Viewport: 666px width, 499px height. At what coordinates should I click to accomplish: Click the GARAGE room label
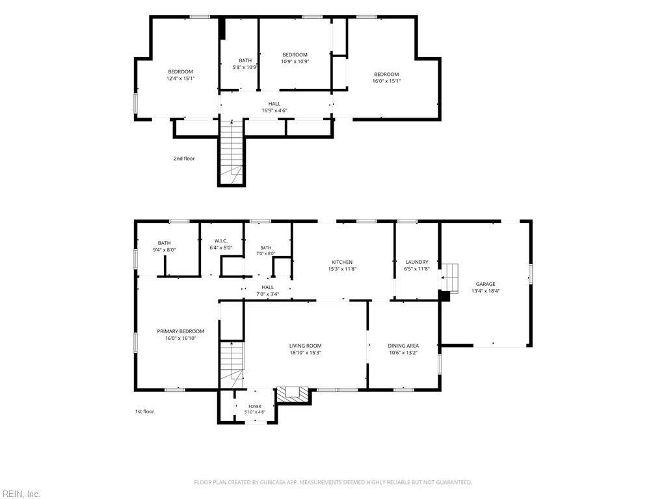pyautogui.click(x=485, y=285)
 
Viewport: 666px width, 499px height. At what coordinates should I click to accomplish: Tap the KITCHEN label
pyautogui.click(x=342, y=262)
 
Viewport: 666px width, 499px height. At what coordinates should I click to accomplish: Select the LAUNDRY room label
pyautogui.click(x=417, y=262)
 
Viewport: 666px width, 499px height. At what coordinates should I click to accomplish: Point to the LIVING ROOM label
pyautogui.click(x=306, y=346)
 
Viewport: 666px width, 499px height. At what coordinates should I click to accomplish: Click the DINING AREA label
pyautogui.click(x=403, y=346)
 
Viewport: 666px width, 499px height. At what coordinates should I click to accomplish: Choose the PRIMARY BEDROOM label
pyautogui.click(x=181, y=331)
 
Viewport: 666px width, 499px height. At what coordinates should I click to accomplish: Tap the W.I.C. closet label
pyautogui.click(x=221, y=241)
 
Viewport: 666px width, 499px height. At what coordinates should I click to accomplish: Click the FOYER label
pyautogui.click(x=255, y=407)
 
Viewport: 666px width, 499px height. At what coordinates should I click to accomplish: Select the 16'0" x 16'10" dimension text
pyautogui.click(x=181, y=338)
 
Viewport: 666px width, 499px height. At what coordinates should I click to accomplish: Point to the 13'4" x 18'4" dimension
pyautogui.click(x=485, y=291)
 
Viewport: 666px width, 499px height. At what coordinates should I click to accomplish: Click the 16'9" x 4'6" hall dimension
pyautogui.click(x=274, y=110)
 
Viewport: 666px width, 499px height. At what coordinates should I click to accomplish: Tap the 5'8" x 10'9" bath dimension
pyautogui.click(x=245, y=68)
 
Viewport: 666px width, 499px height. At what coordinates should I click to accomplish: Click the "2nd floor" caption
pyautogui.click(x=184, y=159)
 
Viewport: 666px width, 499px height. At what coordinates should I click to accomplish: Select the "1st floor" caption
pyautogui.click(x=144, y=411)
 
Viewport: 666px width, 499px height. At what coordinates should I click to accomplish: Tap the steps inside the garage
pyautogui.click(x=451, y=278)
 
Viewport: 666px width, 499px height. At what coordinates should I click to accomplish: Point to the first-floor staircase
pyautogui.click(x=232, y=364)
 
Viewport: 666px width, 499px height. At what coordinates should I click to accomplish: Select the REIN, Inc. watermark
pyautogui.click(x=20, y=494)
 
